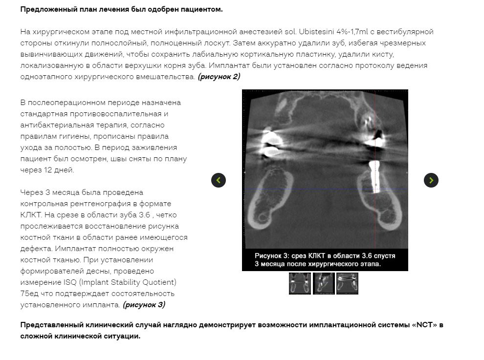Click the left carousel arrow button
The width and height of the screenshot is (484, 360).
[219, 180]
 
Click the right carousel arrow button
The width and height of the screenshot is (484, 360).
[431, 180]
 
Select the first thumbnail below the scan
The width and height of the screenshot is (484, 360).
[300, 283]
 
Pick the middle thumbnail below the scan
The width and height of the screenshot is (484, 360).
[324, 283]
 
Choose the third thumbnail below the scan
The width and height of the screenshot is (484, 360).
[347, 283]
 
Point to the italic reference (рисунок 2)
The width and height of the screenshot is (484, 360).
[219, 77]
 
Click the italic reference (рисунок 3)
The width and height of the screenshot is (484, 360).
[144, 305]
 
